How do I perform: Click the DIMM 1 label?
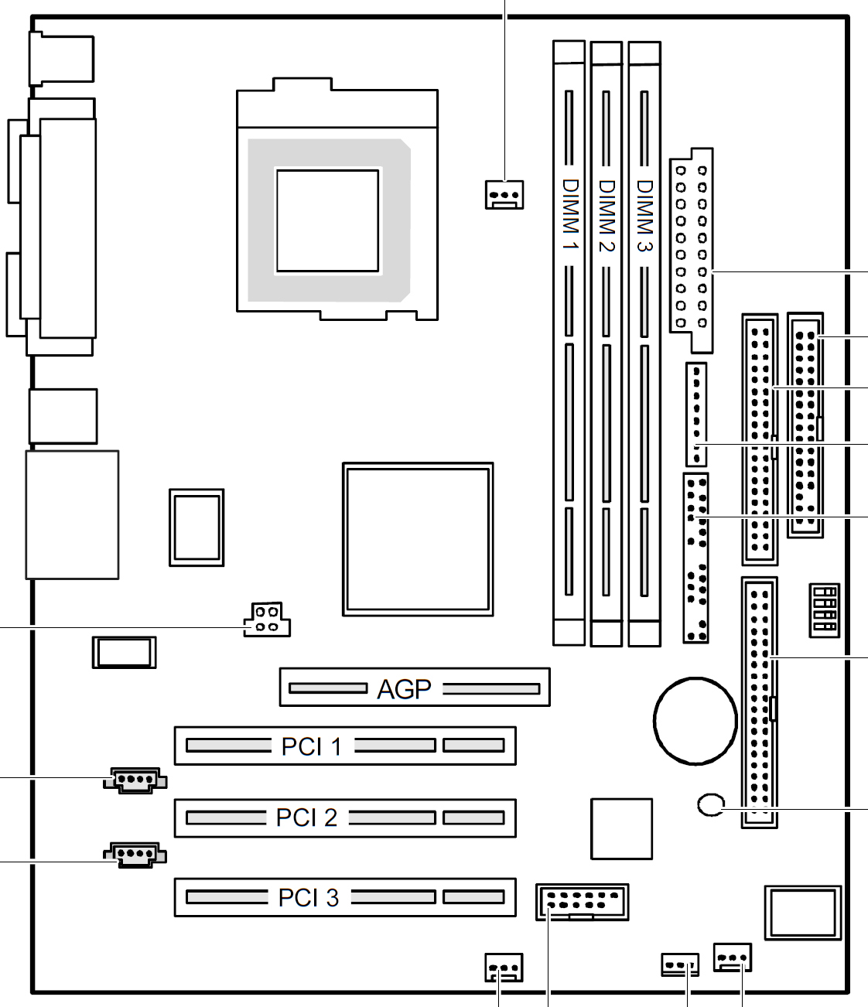tap(570, 215)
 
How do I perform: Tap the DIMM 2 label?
tap(607, 216)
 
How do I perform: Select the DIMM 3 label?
tap(644, 216)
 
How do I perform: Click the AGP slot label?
tap(404, 689)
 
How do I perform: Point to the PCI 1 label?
tap(312, 746)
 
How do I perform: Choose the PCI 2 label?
tap(306, 818)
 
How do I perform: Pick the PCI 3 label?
tap(308, 897)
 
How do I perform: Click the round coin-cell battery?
tap(695, 721)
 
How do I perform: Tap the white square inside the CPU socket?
tap(327, 220)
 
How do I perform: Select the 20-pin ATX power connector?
tap(691, 251)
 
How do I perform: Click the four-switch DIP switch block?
tap(824, 610)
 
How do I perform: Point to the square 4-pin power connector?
tap(267, 620)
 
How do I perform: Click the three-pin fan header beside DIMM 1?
tap(504, 195)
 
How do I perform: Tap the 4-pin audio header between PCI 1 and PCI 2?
tap(135, 780)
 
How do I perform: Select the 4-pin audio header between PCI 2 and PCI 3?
tap(135, 855)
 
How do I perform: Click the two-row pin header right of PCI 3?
tap(582, 903)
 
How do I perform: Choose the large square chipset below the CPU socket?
tap(418, 539)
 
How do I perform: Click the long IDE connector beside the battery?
tap(760, 702)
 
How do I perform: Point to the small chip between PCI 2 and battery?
tap(621, 828)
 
